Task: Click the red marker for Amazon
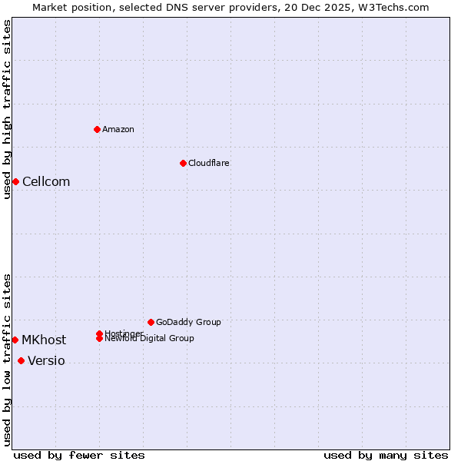pos(97,129)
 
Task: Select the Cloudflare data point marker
pos(183,163)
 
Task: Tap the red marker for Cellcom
pos(15,181)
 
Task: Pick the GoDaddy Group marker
pos(151,322)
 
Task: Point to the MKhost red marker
pos(15,340)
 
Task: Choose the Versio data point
pos(21,361)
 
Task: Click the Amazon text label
pos(118,129)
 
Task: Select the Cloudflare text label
pos(209,163)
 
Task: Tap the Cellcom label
pos(46,181)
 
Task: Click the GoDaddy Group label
pos(188,322)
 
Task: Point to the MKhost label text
pos(44,340)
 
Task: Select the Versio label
pos(46,361)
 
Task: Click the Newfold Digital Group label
pos(150,339)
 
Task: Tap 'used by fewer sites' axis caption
pos(79,455)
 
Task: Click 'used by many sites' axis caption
pos(386,455)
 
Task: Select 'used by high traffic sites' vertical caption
pos(7,109)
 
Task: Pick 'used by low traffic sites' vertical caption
pos(7,360)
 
